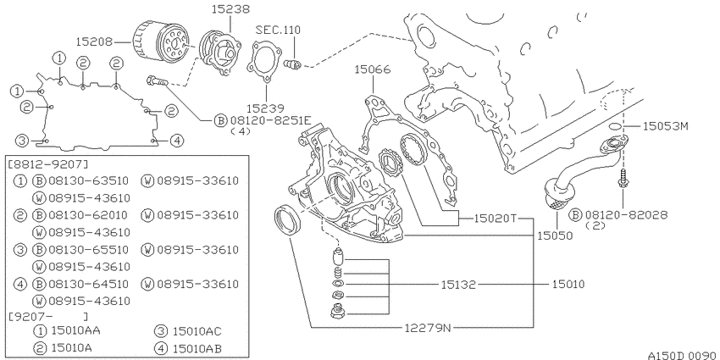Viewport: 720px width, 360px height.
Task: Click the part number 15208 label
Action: (x=94, y=42)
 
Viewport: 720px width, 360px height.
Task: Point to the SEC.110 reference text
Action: (x=279, y=30)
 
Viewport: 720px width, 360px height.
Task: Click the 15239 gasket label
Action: (x=265, y=108)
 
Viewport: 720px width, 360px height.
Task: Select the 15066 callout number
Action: (x=373, y=69)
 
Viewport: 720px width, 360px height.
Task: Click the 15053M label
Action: (x=665, y=126)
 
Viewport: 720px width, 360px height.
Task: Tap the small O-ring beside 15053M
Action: (x=616, y=126)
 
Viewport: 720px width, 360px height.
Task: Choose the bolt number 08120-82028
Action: (x=625, y=214)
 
